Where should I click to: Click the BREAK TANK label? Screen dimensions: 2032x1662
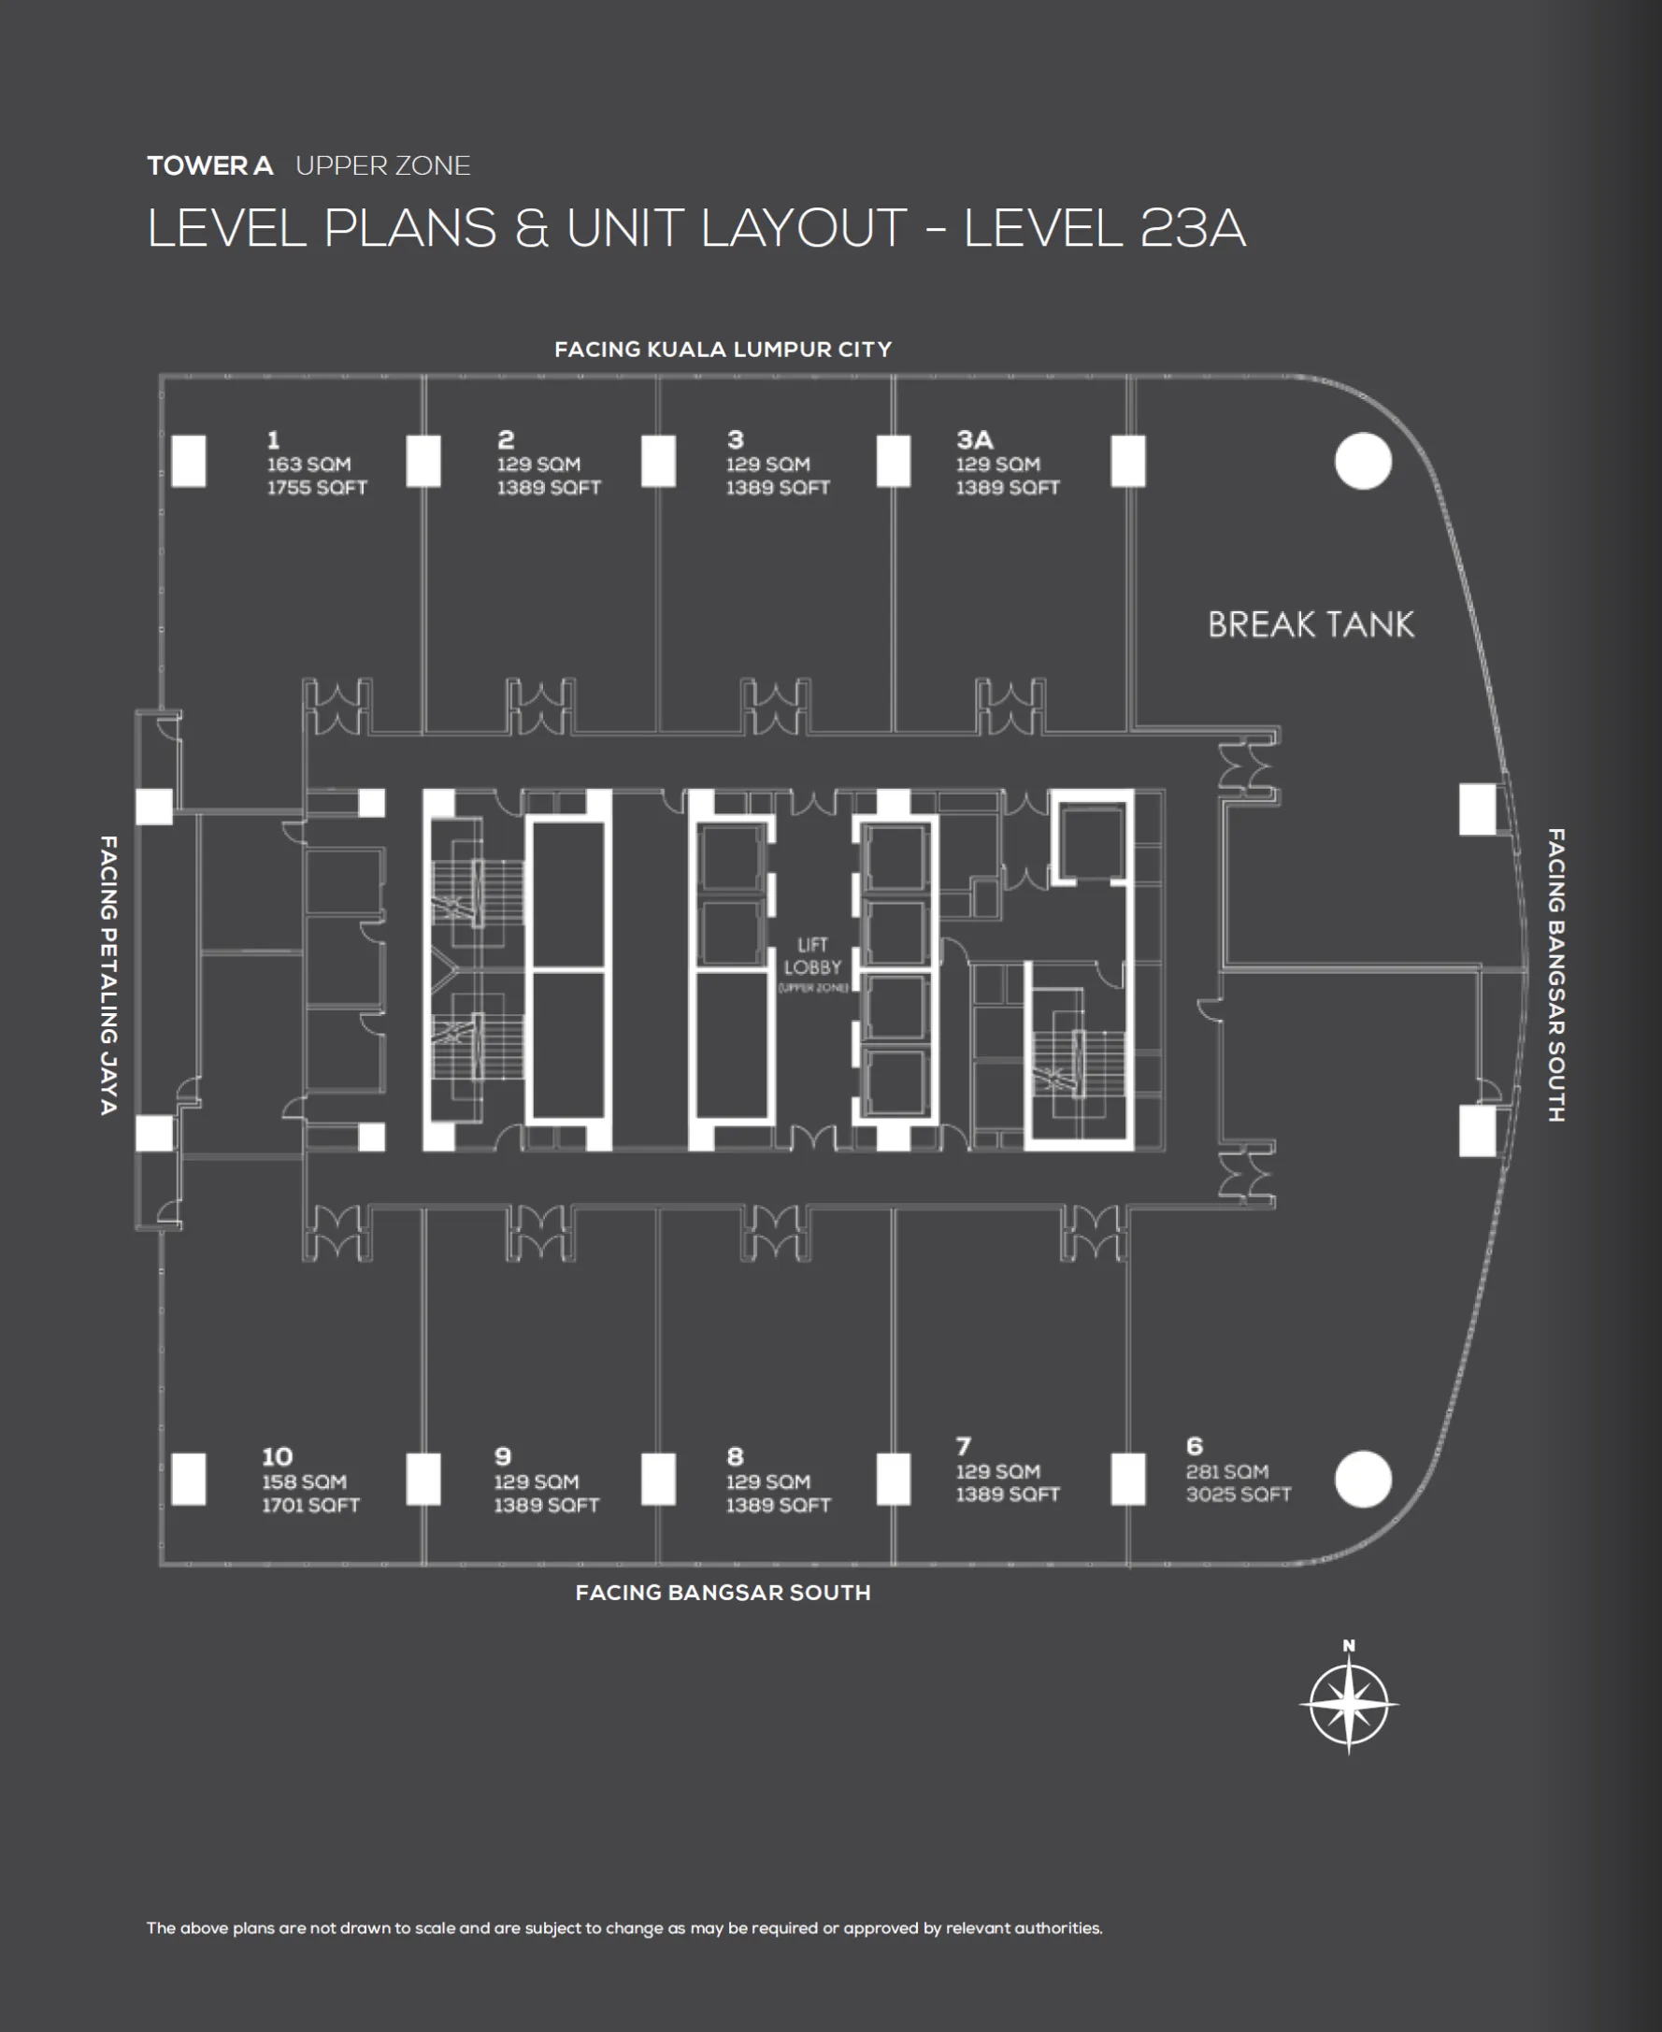coord(1310,625)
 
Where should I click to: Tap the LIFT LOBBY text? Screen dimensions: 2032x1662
coord(812,957)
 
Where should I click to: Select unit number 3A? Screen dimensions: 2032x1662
coord(975,439)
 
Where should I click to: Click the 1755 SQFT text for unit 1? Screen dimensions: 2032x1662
coord(317,487)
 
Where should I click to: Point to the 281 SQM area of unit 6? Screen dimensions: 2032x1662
coord(1226,1471)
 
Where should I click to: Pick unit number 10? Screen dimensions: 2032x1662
coord(277,1457)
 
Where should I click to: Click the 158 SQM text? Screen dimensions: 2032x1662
coord(304,1481)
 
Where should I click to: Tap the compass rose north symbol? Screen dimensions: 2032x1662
coord(1348,1705)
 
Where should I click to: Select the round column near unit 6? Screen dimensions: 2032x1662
coord(1362,1479)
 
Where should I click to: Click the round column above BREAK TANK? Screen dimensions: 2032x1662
coord(1362,462)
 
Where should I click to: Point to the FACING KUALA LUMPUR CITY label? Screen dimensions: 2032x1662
coord(723,350)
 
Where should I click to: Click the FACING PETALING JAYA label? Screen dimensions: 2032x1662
coord(108,974)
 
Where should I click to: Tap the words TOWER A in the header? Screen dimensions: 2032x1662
coord(209,165)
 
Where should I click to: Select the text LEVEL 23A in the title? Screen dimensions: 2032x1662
coord(1104,228)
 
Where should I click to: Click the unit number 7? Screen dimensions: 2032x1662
coord(963,1445)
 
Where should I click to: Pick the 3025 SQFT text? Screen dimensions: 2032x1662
coord(1238,1494)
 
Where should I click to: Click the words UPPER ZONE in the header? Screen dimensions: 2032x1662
coord(383,165)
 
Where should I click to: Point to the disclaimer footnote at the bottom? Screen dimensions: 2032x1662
coord(624,1927)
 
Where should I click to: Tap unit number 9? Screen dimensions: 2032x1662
coord(503,1457)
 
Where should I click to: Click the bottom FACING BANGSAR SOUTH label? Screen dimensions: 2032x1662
coord(723,1593)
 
